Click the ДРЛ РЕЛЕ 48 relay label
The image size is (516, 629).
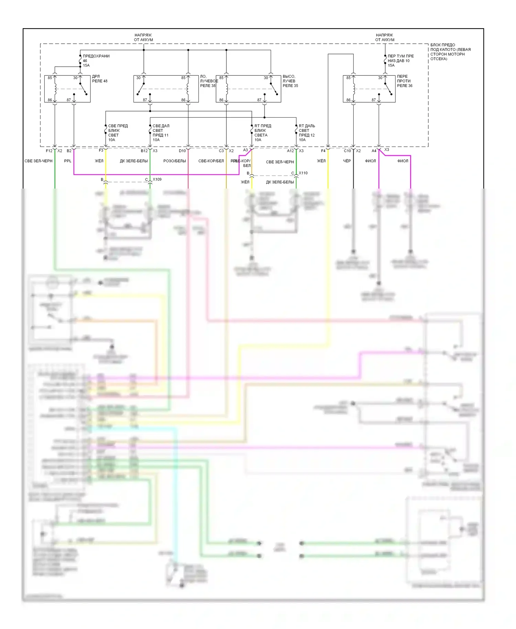point(99,79)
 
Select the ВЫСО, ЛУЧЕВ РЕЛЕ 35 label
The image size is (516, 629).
point(290,81)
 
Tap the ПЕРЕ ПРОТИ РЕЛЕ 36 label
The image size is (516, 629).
point(405,81)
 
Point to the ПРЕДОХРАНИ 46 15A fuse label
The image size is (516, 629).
point(96,61)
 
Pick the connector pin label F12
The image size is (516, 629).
point(49,151)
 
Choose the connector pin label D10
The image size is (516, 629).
point(182,151)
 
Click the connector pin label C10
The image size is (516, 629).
point(347,151)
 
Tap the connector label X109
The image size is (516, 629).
point(157,179)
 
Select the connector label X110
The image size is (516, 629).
point(303,173)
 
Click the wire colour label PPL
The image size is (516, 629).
point(68,161)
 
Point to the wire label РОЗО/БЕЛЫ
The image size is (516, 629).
point(174,161)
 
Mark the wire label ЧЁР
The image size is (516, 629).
point(347,161)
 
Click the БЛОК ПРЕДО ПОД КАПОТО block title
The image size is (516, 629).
point(450,52)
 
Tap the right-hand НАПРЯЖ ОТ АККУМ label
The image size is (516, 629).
point(385,38)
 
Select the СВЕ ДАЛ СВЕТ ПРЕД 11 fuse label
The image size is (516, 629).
point(161,133)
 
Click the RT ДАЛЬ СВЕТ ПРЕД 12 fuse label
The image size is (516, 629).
point(307,133)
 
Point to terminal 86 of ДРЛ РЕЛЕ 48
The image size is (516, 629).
point(50,100)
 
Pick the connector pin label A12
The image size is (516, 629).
point(290,151)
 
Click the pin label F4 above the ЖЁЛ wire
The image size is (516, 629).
point(323,151)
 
